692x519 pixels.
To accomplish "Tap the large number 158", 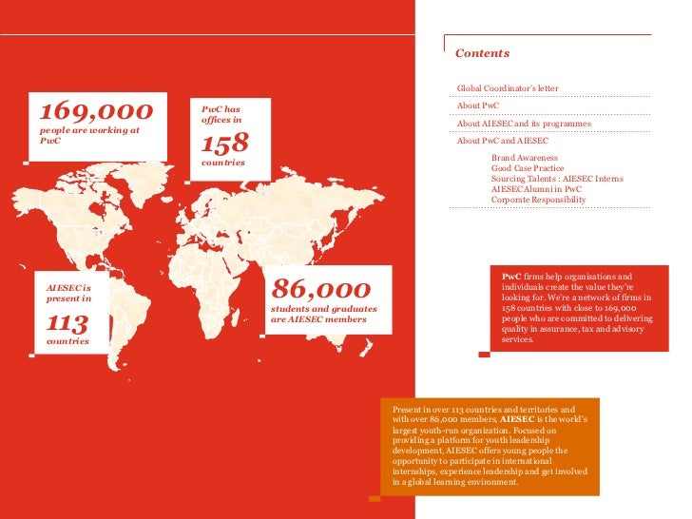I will pos(225,144).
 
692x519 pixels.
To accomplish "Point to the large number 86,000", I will pos(320,289).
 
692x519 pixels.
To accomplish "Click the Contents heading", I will pos(482,53).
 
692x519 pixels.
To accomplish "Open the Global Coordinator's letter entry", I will pos(508,88).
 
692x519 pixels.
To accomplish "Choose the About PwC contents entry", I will pos(478,106).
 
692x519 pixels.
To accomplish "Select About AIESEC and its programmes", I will pos(524,124).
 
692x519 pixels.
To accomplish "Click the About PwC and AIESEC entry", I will pos(502,141).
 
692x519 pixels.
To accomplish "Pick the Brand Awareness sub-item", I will pos(525,158).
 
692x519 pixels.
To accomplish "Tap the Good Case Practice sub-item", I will pos(528,168).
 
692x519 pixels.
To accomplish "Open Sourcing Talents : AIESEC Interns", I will pos(557,179).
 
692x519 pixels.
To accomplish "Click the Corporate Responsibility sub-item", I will pos(539,200).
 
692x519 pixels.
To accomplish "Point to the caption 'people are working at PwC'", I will pos(88,134).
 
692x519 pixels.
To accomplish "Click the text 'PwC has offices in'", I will pos(221,114).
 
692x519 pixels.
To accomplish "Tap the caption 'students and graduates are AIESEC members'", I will pos(323,314).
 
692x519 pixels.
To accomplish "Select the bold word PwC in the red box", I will pos(511,276).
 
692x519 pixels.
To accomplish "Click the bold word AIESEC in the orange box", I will pos(517,419).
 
